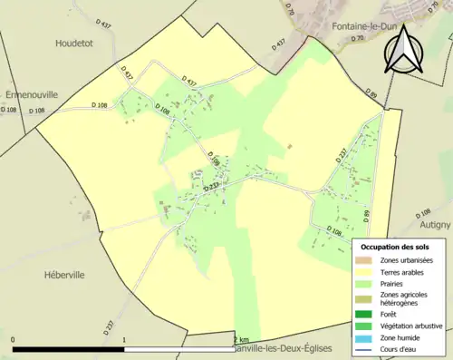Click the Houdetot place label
click(74, 43)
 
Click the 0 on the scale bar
click(13, 340)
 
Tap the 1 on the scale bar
click(123, 340)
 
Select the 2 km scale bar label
click(240, 340)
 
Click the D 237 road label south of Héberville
click(109, 325)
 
